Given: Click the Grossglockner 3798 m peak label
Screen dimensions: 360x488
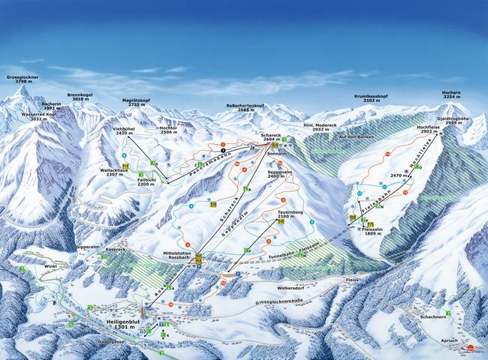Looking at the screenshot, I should (x=22, y=80).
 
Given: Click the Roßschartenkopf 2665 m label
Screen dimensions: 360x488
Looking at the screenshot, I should (x=247, y=108).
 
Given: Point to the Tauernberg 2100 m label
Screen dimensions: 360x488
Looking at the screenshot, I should (x=289, y=214).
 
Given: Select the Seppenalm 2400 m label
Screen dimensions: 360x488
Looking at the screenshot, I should (x=279, y=175).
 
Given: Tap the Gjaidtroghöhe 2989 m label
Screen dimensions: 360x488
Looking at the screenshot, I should (x=453, y=121).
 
